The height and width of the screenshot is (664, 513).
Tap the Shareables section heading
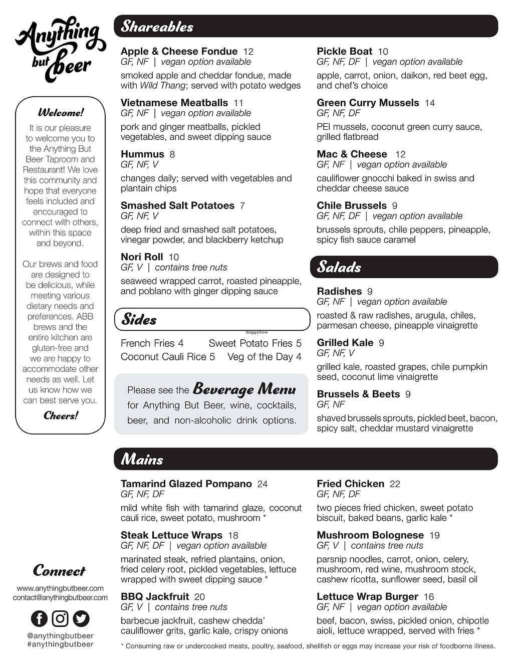(157, 27)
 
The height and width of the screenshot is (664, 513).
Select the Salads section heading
(339, 267)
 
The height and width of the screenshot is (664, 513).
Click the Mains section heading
(142, 460)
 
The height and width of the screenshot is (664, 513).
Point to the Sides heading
(139, 320)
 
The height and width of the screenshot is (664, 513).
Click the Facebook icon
(39, 618)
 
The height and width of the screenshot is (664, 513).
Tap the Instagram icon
(60, 618)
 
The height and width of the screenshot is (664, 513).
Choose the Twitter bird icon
(81, 618)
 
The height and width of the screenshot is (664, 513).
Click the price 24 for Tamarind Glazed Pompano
(263, 484)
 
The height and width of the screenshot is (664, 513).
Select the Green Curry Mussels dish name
(368, 103)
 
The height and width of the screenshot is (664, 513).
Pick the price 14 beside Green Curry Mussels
(430, 103)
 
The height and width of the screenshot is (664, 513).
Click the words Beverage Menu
(244, 388)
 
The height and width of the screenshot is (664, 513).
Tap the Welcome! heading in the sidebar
(61, 112)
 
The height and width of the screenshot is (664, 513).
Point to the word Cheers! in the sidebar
(61, 415)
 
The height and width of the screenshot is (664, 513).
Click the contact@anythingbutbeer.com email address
(60, 597)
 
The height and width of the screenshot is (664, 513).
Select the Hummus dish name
(142, 154)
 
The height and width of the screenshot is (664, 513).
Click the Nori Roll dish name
(142, 257)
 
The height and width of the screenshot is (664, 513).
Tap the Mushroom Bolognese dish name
(370, 535)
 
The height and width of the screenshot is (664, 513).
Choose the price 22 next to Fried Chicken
(395, 484)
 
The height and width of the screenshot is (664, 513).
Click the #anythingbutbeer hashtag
(60, 644)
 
